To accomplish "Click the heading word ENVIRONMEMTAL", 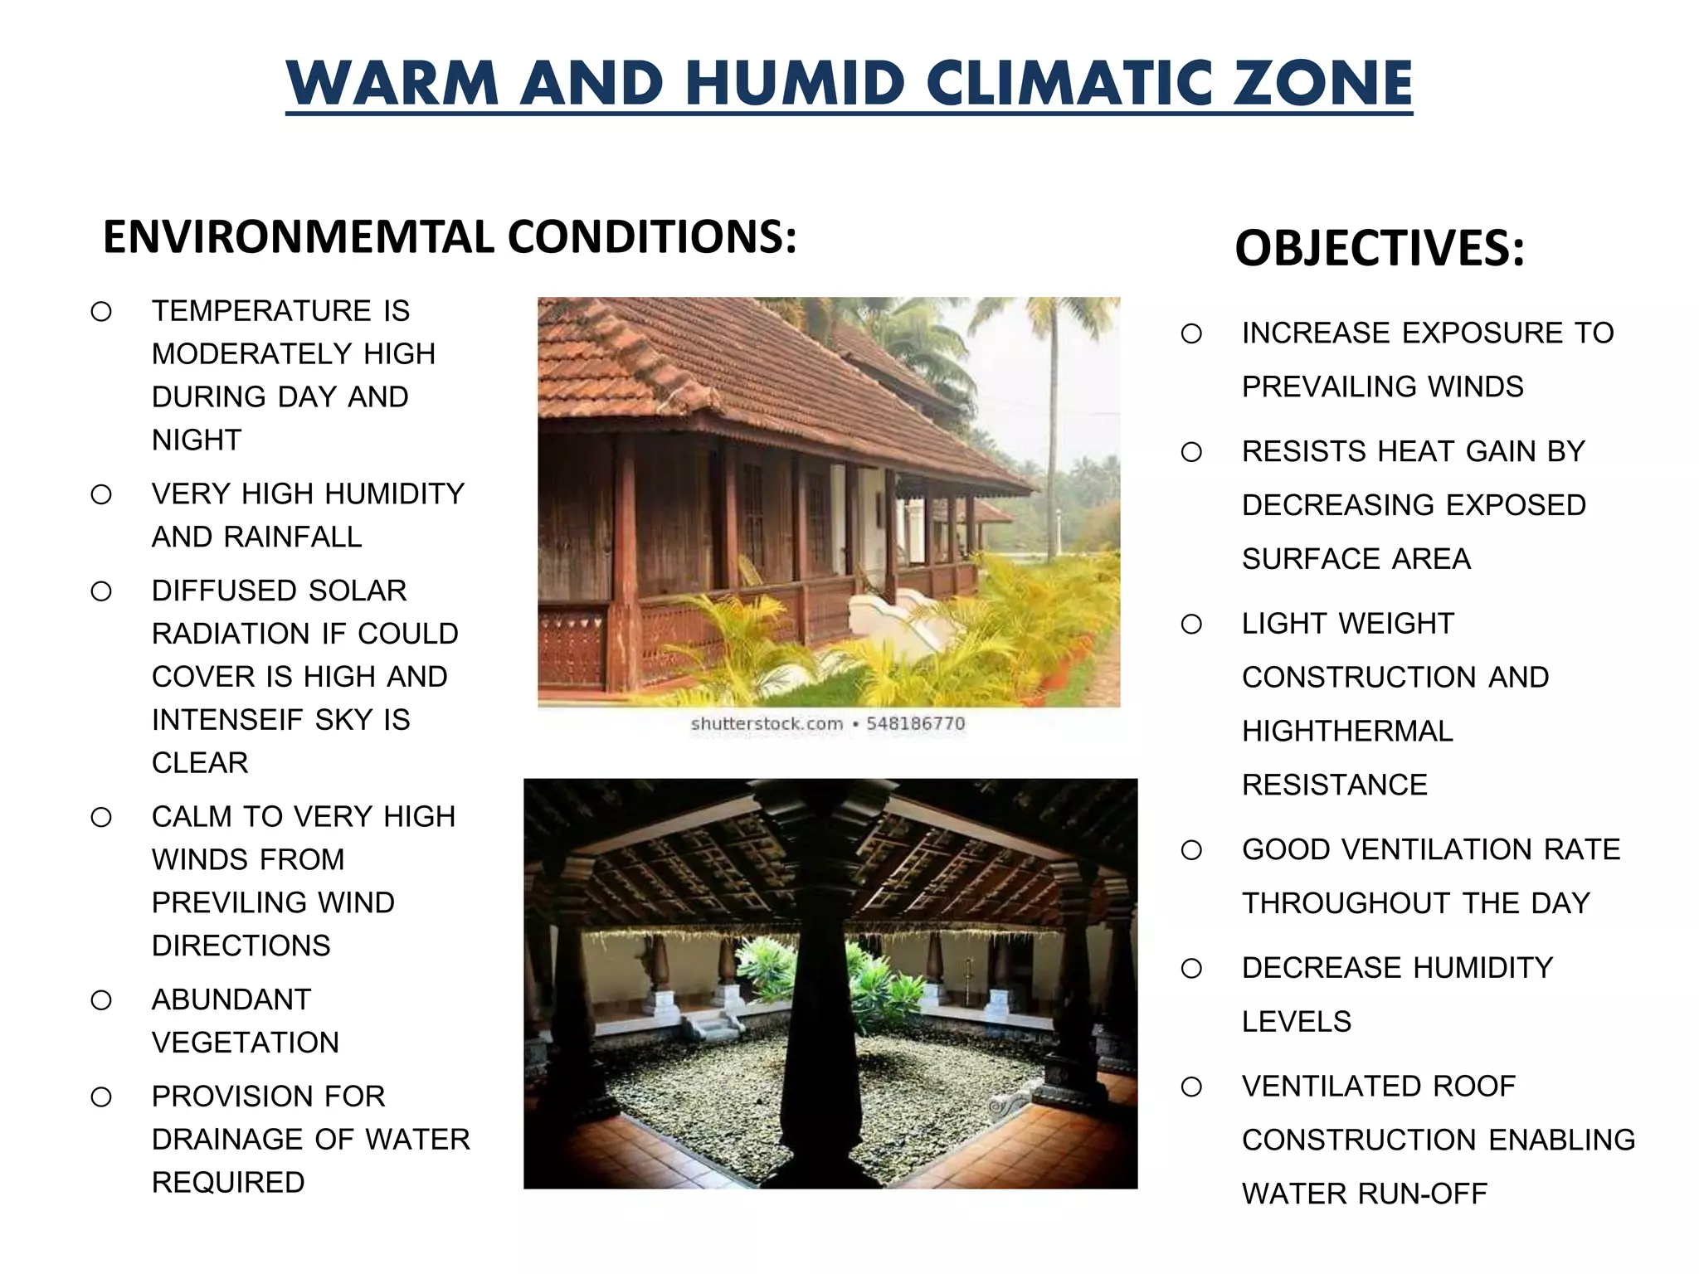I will (x=298, y=237).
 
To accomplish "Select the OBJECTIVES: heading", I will (x=1380, y=248).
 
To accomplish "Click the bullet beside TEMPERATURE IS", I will (x=101, y=312).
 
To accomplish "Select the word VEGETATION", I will (x=245, y=1043).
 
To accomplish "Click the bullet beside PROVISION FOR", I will (x=101, y=1097).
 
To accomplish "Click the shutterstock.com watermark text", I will (x=767, y=723).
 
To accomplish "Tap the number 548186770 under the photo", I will (x=915, y=723).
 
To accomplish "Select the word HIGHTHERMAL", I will (x=1347, y=731).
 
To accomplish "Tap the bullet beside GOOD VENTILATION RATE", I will (x=1191, y=850).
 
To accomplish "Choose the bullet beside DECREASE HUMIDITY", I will (x=1191, y=969).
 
